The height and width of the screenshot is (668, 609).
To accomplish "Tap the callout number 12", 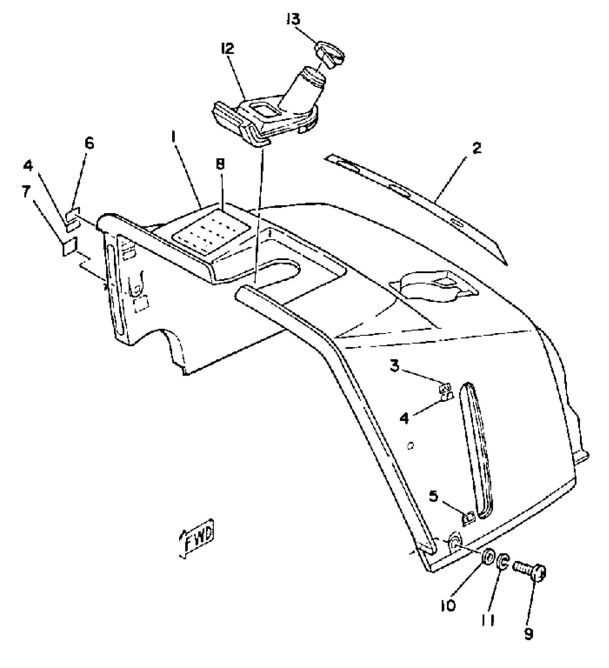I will tap(228, 48).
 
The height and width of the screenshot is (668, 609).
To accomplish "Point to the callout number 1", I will tap(174, 136).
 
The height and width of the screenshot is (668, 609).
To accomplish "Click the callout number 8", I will tap(220, 164).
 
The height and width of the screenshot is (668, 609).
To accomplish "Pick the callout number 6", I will tap(89, 144).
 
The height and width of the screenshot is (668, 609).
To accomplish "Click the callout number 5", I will tap(433, 497).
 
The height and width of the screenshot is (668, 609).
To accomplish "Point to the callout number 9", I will tap(529, 634).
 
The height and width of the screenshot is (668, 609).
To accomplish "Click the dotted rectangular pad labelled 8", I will tap(211, 232).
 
